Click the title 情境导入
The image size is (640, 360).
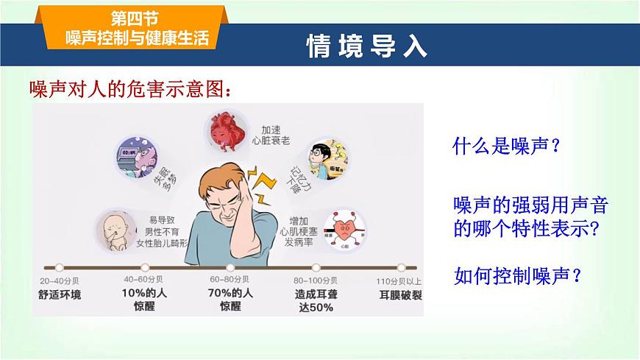click(x=366, y=46)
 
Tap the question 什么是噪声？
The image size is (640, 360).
click(x=507, y=146)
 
